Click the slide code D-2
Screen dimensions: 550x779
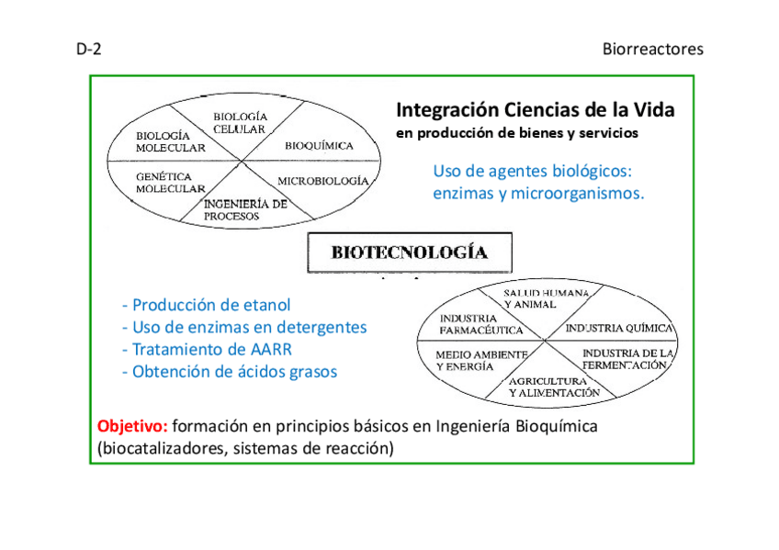[88, 50]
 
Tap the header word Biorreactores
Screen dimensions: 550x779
[652, 50]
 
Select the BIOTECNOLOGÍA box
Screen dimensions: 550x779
[409, 253]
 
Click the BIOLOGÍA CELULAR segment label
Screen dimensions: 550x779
[240, 123]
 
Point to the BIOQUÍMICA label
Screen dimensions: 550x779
[319, 146]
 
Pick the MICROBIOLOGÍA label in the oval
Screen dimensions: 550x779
[322, 181]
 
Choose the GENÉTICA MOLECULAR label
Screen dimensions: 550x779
[170, 182]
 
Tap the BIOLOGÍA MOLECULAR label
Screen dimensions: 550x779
[170, 141]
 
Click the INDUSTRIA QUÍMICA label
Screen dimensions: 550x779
[619, 328]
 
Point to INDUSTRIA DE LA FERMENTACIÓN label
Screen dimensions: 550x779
[628, 359]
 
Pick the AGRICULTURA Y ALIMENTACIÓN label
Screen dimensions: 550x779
[554, 387]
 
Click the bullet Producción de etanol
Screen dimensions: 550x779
[206, 305]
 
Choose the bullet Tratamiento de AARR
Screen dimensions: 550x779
[207, 350]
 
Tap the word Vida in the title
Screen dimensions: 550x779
[654, 110]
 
